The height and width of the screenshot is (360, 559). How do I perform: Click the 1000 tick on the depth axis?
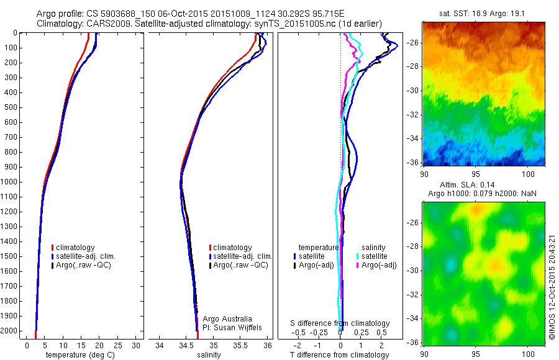11,182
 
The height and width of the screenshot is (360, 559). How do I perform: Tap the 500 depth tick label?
11,107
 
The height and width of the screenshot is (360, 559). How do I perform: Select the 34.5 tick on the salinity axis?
186,344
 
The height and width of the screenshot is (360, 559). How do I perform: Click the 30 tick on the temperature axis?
135,344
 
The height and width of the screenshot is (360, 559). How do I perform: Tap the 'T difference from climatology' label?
340,355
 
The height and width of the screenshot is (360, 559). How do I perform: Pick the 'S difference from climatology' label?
340,323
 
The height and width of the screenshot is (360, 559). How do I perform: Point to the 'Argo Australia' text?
228,318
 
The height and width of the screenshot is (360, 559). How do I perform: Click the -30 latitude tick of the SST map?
414,90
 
